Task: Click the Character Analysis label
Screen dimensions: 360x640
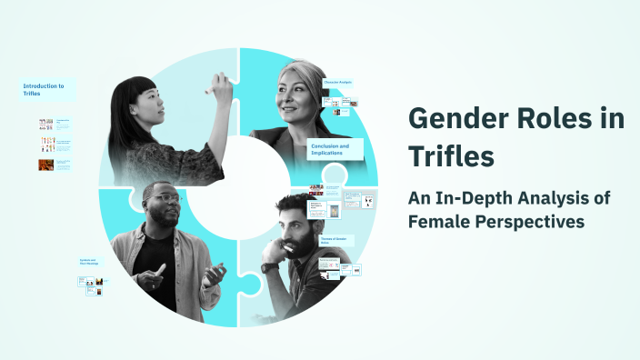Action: coord(337,83)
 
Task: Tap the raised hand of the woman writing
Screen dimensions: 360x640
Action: coord(215,83)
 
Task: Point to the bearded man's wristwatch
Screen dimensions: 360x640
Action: coord(270,268)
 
